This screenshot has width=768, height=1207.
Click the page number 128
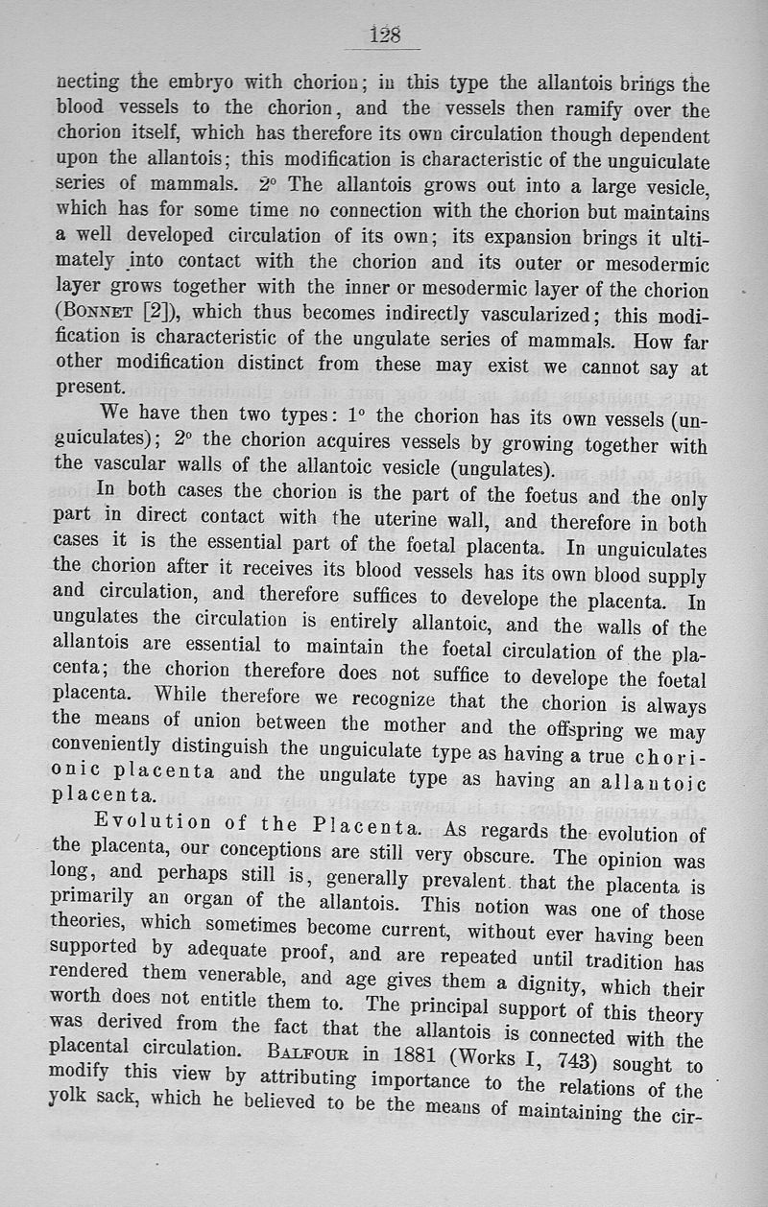click(x=384, y=35)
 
